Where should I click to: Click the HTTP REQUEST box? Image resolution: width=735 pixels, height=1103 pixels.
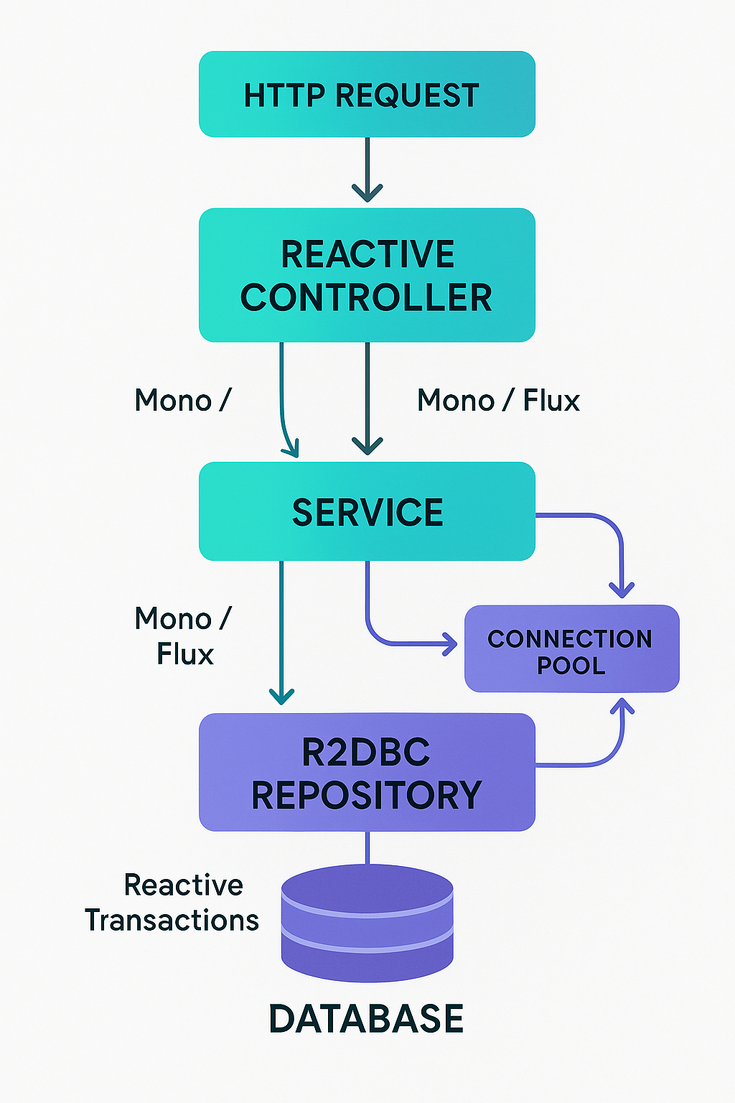[x=367, y=94]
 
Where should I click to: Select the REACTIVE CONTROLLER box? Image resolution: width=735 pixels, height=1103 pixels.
[x=367, y=275]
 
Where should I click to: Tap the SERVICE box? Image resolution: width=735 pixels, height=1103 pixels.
[x=367, y=511]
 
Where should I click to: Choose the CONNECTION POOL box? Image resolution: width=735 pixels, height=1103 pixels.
[x=571, y=648]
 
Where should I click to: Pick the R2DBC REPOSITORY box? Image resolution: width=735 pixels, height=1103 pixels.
[x=367, y=772]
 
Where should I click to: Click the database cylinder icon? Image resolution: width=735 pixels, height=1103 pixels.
[x=367, y=923]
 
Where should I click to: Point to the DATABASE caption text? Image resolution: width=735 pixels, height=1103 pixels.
[x=366, y=1019]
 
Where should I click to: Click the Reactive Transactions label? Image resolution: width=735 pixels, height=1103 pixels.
[x=172, y=903]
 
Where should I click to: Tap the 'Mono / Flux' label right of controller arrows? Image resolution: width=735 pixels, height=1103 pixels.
[x=498, y=400]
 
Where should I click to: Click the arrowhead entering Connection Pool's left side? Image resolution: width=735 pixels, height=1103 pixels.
[x=450, y=643]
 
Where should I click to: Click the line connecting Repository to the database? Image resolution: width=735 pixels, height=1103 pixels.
[x=367, y=847]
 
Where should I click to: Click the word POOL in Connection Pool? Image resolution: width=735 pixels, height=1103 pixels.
[x=571, y=666]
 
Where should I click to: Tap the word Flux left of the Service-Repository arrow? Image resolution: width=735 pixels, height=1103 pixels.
[x=185, y=654]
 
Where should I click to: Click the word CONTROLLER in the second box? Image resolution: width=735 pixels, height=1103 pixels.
[x=366, y=297]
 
